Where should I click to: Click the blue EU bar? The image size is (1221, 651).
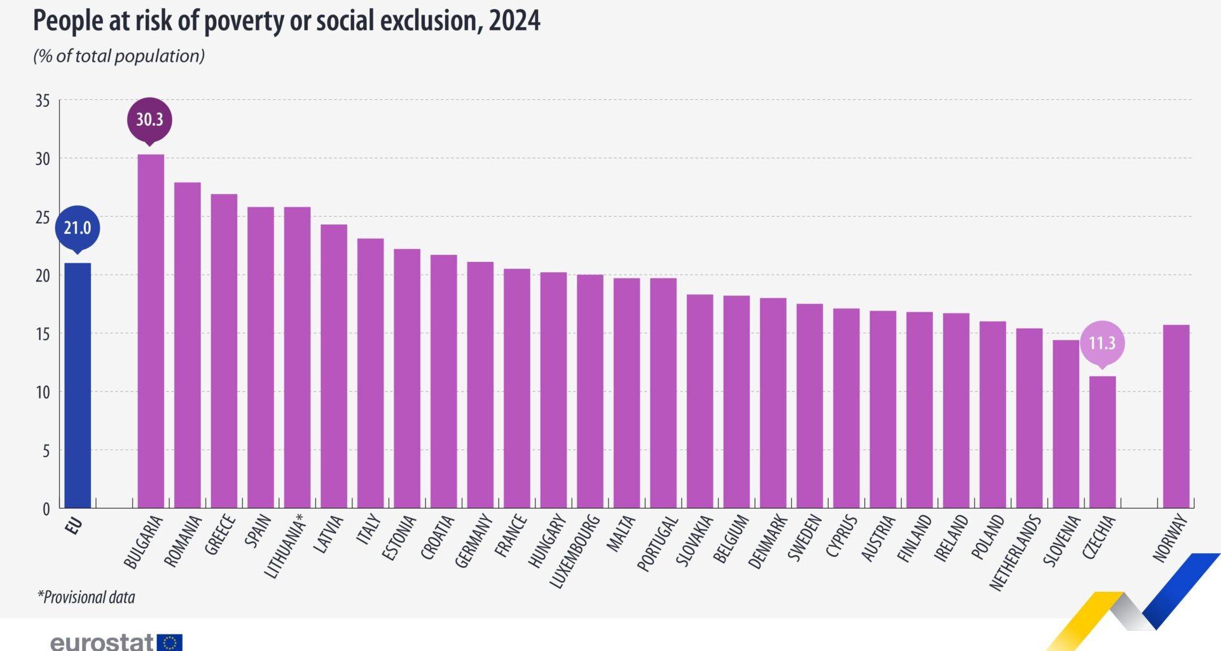pos(78,385)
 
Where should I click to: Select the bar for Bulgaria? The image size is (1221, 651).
pos(151,331)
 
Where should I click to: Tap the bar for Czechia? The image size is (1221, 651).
pos(1102,442)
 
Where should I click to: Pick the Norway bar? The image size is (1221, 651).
pos(1176,416)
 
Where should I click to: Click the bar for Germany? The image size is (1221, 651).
pos(480,385)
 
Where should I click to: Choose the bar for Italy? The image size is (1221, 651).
pos(370,373)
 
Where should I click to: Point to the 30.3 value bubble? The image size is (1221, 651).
pos(149,120)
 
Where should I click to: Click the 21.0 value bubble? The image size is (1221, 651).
pos(78,228)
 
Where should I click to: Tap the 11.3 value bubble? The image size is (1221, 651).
pos(1102,343)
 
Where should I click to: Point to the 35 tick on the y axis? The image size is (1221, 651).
pos(43,100)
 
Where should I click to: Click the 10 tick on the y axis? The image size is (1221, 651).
pos(43,392)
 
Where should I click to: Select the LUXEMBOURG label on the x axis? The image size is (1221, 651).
pos(574,551)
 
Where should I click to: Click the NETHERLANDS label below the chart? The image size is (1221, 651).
pos(1015,552)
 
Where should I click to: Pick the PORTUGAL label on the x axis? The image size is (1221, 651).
pos(658,544)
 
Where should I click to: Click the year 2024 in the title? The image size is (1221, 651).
pos(514,20)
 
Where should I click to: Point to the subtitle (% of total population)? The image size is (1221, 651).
pos(119,56)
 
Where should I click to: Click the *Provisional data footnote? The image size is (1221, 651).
pos(86,597)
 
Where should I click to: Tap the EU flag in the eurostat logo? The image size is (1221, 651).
pos(170,642)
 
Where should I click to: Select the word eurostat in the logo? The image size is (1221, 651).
pos(102,642)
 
